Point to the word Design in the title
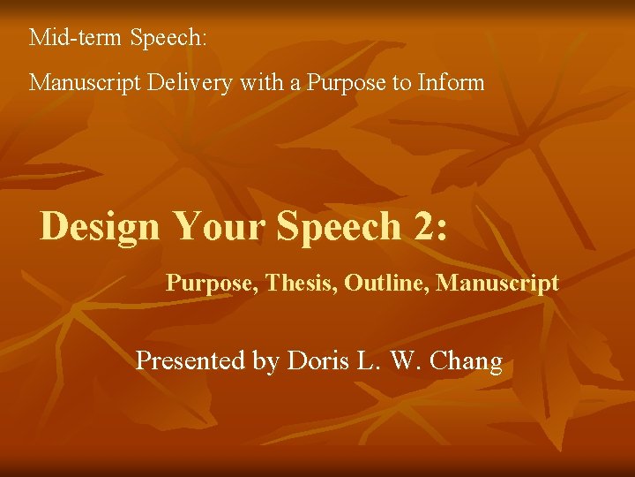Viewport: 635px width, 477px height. coord(100,227)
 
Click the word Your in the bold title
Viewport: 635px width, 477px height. coord(219,226)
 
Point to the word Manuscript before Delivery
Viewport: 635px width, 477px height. coord(82,83)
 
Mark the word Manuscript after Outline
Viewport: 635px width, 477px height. coord(498,284)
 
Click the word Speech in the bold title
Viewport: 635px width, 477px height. coord(339,227)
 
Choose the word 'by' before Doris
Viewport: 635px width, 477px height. coord(265,362)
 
